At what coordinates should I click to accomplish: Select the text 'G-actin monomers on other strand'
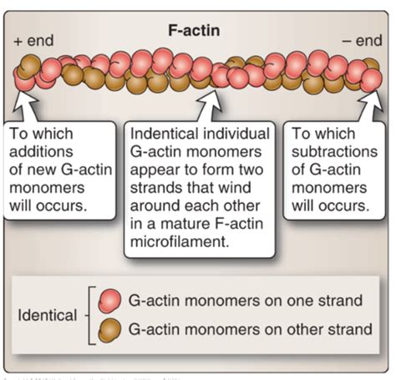tap(247, 330)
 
